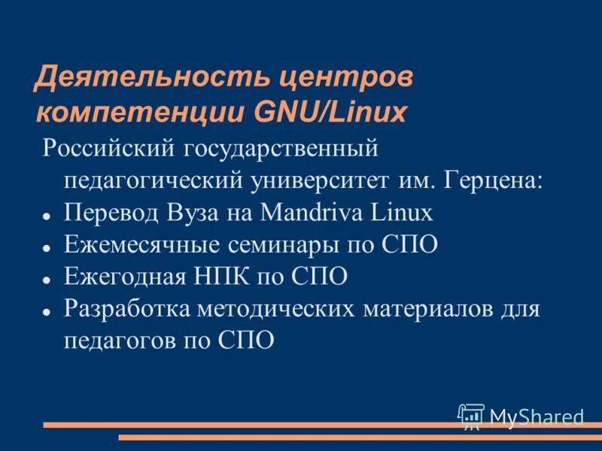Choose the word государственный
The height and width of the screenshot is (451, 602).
278,147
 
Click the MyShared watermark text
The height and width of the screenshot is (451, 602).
536,416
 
